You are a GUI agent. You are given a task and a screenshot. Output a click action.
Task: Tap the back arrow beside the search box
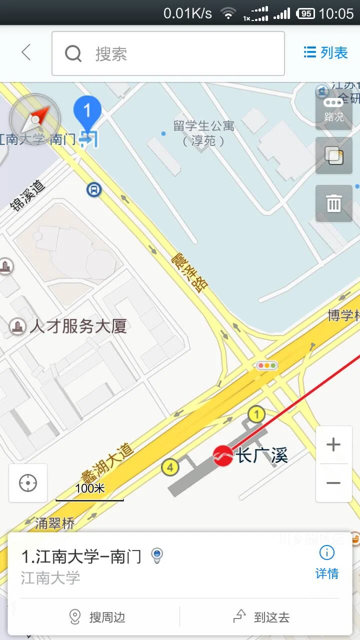[x=26, y=52]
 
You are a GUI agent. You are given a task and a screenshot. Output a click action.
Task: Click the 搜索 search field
[x=168, y=53]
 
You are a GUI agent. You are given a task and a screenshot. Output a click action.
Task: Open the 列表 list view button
[x=325, y=52]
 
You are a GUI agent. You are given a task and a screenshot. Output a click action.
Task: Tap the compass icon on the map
[x=35, y=119]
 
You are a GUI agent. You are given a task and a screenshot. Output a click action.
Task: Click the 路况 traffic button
[x=333, y=109]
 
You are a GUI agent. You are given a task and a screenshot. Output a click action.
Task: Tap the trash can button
[x=333, y=203]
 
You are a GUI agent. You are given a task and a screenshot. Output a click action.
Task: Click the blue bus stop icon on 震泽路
[x=93, y=189]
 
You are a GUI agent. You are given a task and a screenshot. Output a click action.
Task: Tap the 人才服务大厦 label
[x=77, y=327]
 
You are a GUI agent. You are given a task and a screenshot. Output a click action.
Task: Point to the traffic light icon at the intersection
[x=266, y=365]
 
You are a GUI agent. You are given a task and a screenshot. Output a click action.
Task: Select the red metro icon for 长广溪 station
[x=223, y=455]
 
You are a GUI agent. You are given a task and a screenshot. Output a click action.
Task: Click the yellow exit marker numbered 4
[x=170, y=468]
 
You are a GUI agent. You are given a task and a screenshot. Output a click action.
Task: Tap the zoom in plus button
[x=333, y=444]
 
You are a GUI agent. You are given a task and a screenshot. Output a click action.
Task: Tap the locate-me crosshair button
[x=28, y=483]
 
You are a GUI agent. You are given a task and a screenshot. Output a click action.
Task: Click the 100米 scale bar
[x=90, y=492]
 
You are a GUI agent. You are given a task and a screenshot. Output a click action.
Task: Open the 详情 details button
[x=327, y=562]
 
